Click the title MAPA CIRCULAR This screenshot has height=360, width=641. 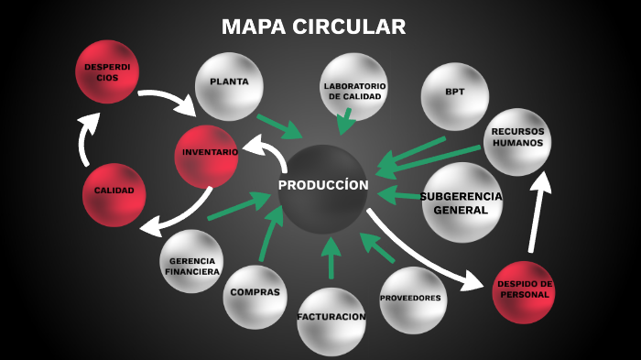(x=313, y=27)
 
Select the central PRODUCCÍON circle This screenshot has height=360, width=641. (x=323, y=187)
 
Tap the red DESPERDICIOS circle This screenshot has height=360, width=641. (x=107, y=71)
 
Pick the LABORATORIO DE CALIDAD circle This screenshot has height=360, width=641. (x=353, y=88)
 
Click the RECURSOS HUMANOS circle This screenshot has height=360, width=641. (x=517, y=141)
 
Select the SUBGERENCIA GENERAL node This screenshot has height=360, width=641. (x=462, y=202)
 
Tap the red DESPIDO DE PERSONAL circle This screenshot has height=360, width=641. (x=524, y=292)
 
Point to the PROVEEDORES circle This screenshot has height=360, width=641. (x=412, y=300)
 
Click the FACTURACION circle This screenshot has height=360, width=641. (x=331, y=320)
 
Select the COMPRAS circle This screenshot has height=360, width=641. (x=255, y=296)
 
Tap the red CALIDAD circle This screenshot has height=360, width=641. (x=114, y=193)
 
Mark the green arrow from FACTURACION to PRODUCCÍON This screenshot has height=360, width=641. (x=331, y=257)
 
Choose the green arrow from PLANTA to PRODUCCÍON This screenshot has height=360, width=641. (x=278, y=125)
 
